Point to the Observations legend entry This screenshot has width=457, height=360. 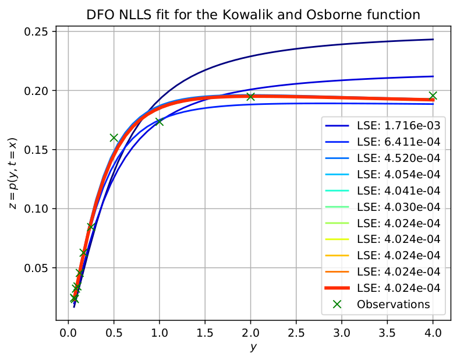tap(394, 304)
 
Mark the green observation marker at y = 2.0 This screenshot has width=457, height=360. tap(251, 96)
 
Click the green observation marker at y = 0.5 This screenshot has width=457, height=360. tap(114, 138)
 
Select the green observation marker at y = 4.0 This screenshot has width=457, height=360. tap(433, 96)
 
